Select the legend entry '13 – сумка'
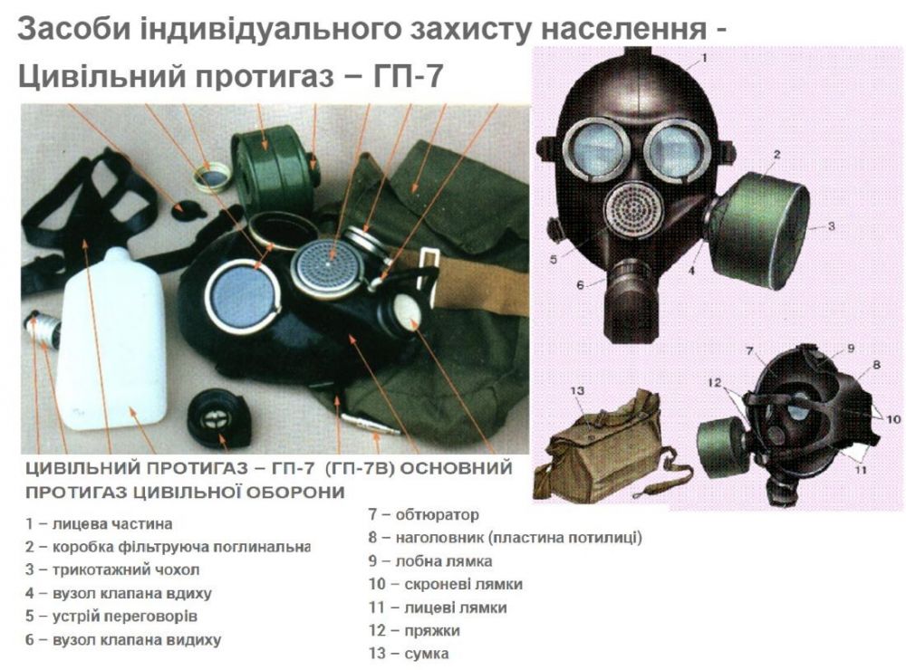(x=409, y=654)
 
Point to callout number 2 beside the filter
(x=777, y=154)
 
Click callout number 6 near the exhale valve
(x=580, y=284)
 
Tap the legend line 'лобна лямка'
(x=444, y=560)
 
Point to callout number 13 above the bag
(x=577, y=391)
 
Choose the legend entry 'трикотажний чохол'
(x=126, y=570)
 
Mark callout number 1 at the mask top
(x=704, y=57)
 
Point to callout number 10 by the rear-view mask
(x=892, y=418)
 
